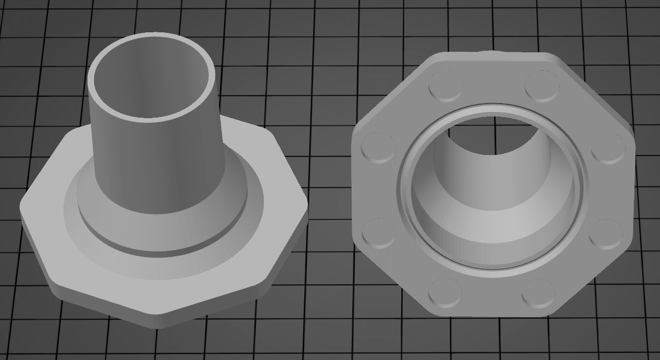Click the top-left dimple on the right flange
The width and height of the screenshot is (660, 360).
(x=445, y=87)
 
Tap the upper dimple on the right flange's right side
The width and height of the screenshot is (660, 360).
(x=607, y=148)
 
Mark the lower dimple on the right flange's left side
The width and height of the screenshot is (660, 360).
(x=378, y=233)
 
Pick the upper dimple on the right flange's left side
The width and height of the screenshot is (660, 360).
(x=378, y=147)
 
